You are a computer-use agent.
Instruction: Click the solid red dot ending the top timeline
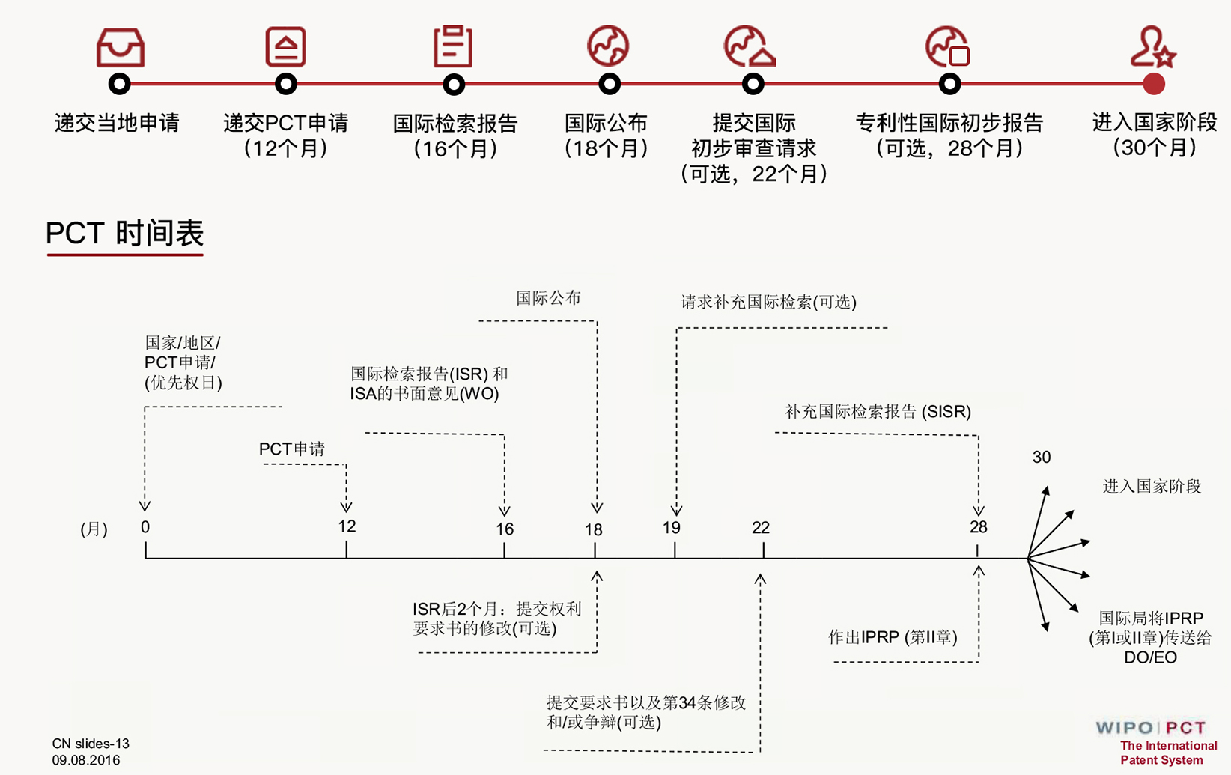(x=1154, y=84)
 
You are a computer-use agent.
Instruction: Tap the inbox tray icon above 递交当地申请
(x=120, y=47)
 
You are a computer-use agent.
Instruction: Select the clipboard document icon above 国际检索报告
(x=453, y=46)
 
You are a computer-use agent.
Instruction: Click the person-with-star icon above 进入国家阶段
(x=1152, y=47)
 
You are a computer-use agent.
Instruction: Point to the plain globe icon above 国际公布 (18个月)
(x=608, y=46)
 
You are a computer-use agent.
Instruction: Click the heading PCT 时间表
(x=125, y=234)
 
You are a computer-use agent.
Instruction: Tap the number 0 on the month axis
(x=145, y=527)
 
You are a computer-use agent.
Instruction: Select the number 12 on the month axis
(x=347, y=526)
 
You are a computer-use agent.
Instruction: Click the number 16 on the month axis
(x=505, y=529)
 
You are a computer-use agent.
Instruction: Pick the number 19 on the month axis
(x=672, y=528)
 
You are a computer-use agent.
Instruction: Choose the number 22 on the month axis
(x=761, y=528)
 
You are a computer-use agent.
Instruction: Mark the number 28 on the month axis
(x=978, y=527)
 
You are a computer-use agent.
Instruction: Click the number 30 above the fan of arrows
(x=1042, y=458)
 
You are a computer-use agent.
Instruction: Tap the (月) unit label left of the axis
(x=94, y=529)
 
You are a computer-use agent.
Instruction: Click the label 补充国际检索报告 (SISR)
(x=878, y=412)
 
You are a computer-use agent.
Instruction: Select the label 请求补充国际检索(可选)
(x=768, y=303)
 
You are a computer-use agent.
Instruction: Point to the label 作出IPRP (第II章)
(x=893, y=637)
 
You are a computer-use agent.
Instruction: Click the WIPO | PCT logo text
(x=1151, y=728)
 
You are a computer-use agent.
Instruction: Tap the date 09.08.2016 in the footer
(x=86, y=760)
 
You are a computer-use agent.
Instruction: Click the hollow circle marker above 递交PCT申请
(x=286, y=84)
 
